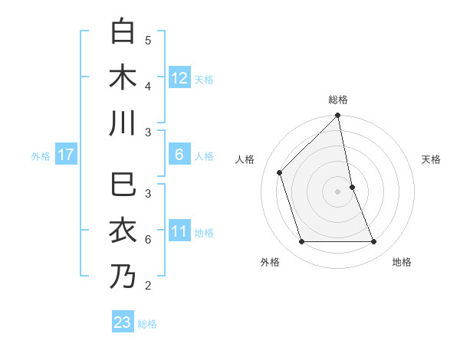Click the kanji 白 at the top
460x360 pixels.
[x=123, y=31]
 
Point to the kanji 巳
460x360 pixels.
[x=123, y=185]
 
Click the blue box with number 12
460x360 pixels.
[x=179, y=77]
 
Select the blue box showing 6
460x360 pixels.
[x=179, y=155]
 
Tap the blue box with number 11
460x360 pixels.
[x=179, y=231]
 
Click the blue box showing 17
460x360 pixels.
[x=66, y=155]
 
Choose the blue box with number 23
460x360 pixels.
[x=123, y=322]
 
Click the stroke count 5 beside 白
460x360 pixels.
[x=148, y=41]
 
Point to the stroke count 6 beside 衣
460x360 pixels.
[x=148, y=240]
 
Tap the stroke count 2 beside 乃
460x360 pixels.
[x=148, y=286]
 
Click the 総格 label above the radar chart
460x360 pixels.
[x=338, y=100]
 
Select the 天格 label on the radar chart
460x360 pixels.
[x=431, y=159]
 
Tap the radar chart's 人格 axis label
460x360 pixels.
[x=245, y=159]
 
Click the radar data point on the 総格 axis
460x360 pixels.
[x=338, y=116]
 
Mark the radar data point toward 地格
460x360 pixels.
[x=374, y=242]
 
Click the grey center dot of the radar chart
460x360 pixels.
[x=338, y=191]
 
